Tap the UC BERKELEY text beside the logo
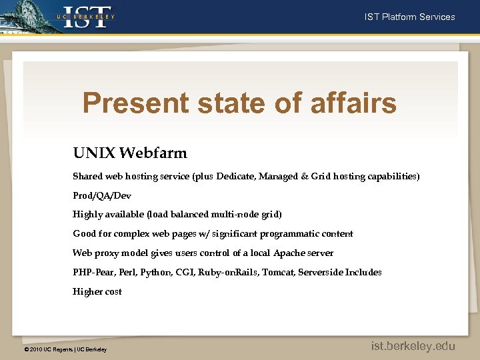[85, 16]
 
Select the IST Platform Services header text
[409, 17]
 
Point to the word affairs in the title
[353, 103]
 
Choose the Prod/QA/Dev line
[102, 196]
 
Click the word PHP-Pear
[94, 272]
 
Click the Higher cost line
[97, 291]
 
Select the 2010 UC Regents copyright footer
[65, 349]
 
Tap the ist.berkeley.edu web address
[413, 346]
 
